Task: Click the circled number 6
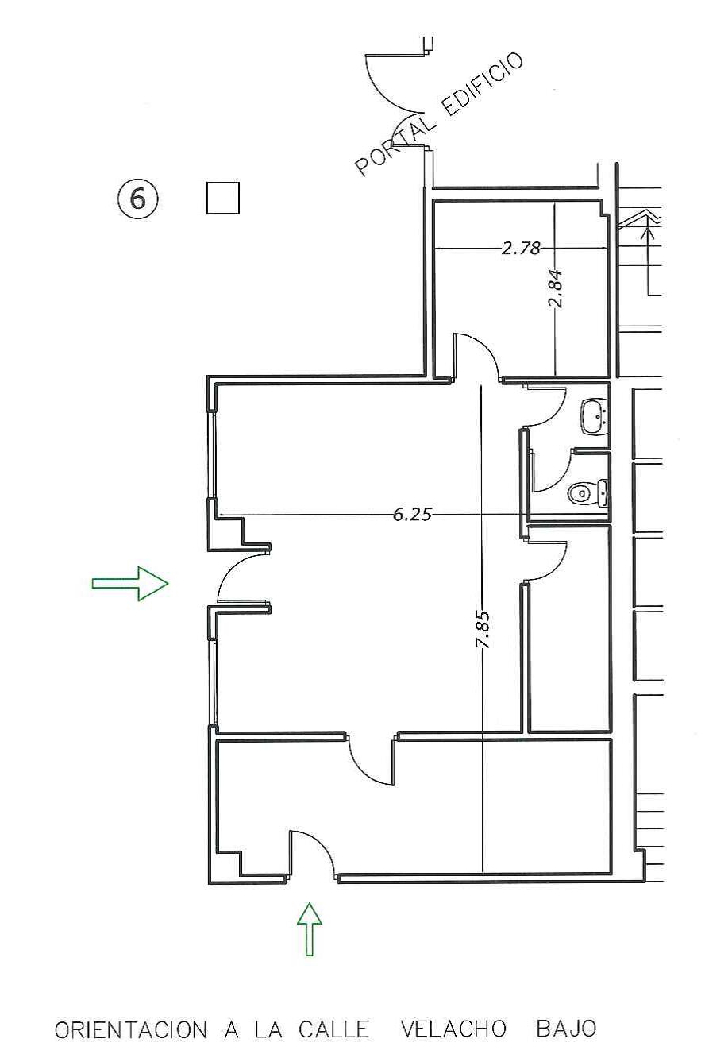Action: (137, 199)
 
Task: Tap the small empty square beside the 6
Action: (223, 198)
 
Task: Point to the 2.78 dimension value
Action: (521, 248)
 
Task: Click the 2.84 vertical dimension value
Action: (556, 288)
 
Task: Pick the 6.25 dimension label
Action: (412, 515)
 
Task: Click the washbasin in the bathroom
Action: (595, 417)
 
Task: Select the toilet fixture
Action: (587, 493)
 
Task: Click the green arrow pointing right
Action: (130, 584)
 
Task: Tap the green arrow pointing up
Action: (309, 929)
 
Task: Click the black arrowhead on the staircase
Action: (649, 234)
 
